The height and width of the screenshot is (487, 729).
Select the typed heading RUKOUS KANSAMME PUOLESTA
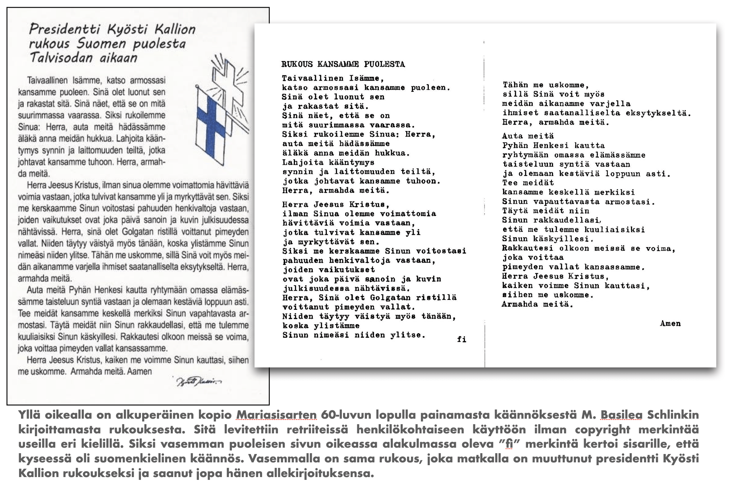pyautogui.click(x=343, y=64)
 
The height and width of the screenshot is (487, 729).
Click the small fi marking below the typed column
pyautogui.click(x=461, y=340)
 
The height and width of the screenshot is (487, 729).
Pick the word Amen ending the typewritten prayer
pyautogui.click(x=670, y=324)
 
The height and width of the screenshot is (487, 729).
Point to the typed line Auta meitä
pyautogui.click(x=528, y=136)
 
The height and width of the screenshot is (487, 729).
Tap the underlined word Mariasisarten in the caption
pyautogui.click(x=276, y=415)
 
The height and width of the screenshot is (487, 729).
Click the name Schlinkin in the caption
pyautogui.click(x=673, y=415)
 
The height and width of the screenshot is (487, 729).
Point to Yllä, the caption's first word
pyautogui.click(x=30, y=415)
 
